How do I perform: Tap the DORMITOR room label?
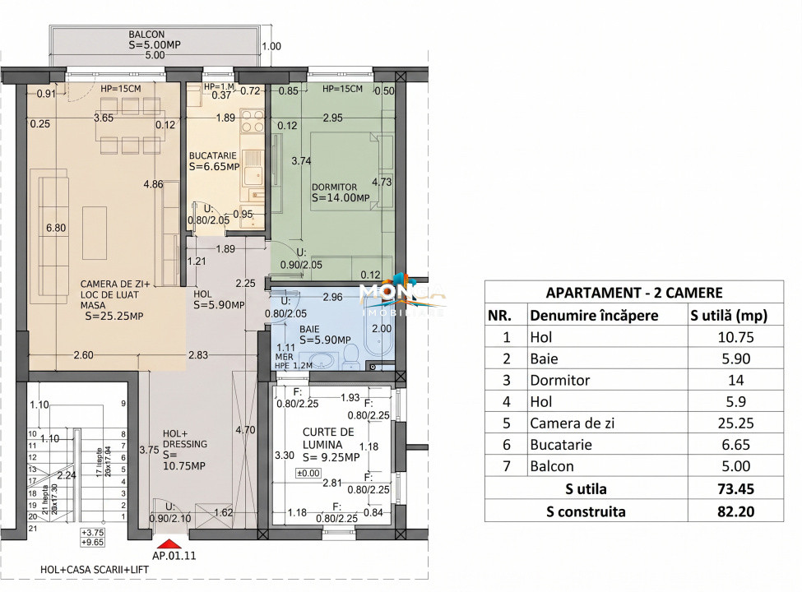click(x=334, y=187)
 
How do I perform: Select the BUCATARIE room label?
click(x=212, y=155)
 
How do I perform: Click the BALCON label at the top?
click(x=146, y=35)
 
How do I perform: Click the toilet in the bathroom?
click(x=350, y=356)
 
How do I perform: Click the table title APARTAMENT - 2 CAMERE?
click(x=633, y=292)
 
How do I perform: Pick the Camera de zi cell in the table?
click(x=573, y=423)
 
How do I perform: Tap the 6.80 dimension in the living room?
click(x=55, y=228)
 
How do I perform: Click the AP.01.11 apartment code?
click(x=174, y=556)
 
